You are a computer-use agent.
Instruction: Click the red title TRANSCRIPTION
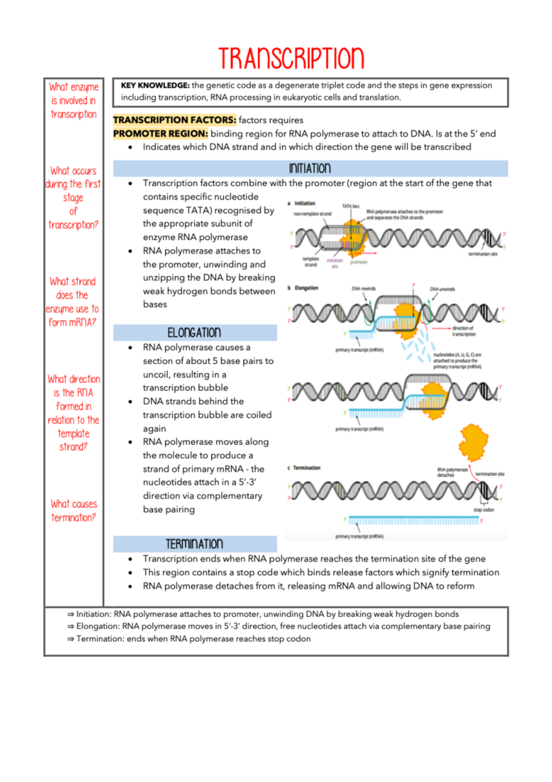291,58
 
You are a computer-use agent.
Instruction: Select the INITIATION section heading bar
310,169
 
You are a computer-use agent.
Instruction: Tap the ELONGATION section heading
195,333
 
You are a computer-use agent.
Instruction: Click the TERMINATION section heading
195,544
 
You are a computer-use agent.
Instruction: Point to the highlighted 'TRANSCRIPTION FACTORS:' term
174,120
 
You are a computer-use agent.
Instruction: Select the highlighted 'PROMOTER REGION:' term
161,134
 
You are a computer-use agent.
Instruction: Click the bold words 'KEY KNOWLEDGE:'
155,86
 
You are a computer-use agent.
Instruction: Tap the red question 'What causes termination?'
74,511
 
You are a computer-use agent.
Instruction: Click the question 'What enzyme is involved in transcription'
74,100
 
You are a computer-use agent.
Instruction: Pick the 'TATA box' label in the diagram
351,206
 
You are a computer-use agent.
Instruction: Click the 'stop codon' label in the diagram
484,510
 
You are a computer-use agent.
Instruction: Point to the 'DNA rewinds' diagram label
363,289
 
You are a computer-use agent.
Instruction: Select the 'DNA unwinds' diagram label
442,289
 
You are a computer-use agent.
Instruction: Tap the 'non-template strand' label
312,214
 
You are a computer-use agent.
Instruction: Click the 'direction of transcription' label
463,331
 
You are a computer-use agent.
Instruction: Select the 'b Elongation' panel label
303,288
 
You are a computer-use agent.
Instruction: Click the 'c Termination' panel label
304,468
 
